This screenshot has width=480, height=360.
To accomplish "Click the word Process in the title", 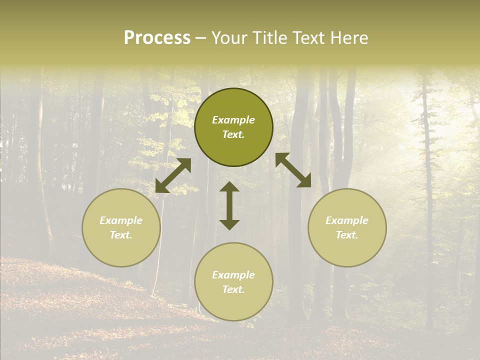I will (157, 38).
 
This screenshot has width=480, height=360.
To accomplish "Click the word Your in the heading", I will (228, 38).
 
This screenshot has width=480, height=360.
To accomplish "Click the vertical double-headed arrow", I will (229, 205).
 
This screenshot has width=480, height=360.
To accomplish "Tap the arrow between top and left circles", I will (173, 175).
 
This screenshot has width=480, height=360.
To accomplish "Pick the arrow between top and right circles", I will (293, 170).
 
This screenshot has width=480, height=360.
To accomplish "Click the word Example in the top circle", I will (233, 120).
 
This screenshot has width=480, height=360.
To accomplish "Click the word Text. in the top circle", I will (233, 134).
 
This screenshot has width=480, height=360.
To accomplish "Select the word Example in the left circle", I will (121, 220).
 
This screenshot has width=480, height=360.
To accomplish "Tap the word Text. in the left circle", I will (121, 235).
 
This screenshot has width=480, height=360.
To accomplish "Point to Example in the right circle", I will (347, 220).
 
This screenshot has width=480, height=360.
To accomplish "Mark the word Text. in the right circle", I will (347, 235).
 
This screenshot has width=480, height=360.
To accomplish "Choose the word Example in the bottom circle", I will (233, 275).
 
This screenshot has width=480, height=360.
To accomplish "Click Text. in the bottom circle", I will (233, 289).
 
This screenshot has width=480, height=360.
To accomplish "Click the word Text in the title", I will (306, 38).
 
